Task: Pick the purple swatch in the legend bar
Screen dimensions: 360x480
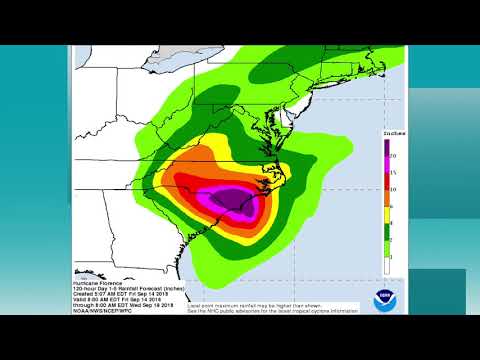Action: (x=386, y=148)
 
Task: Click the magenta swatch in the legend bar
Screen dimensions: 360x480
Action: (x=386, y=164)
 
